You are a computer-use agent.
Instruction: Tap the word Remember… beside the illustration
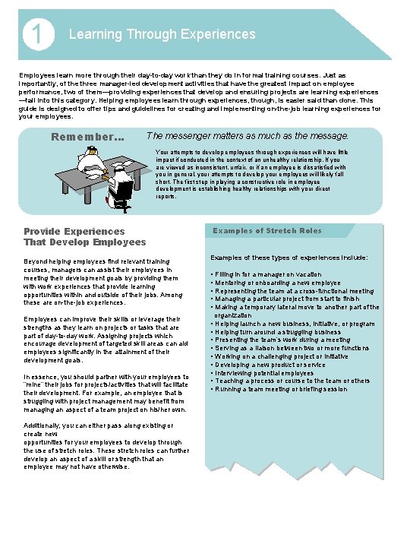(x=87, y=137)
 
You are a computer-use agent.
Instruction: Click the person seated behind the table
(x=90, y=159)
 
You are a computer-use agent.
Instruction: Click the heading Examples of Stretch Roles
(x=266, y=230)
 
